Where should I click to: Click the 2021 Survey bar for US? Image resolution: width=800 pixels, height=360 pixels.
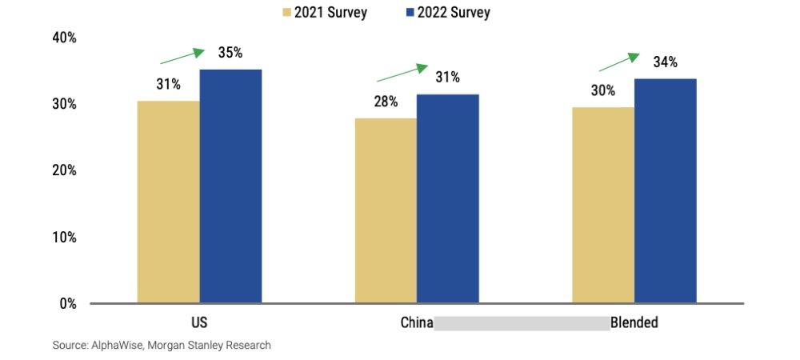coord(168,202)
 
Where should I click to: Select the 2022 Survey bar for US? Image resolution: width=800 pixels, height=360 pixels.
coord(230,186)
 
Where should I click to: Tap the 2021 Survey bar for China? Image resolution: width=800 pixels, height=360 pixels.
coord(386,210)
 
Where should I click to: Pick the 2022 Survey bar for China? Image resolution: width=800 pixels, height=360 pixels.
coord(448,198)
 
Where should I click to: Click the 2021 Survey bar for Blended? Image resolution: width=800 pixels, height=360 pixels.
coord(603,205)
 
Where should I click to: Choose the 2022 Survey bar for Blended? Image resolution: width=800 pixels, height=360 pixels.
coord(665,190)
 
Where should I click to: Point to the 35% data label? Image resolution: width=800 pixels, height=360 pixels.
coord(230,54)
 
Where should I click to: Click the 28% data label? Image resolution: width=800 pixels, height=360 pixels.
coord(386,102)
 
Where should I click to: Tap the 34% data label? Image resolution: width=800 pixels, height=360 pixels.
coord(665,62)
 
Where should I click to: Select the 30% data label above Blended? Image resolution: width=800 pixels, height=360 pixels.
coord(603,90)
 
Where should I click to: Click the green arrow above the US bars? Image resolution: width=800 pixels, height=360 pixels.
coord(182,56)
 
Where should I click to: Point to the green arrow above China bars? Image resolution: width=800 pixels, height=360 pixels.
coord(402,73)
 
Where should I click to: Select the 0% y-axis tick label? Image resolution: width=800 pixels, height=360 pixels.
coord(68,304)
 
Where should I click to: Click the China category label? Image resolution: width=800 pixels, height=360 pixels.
coord(417,324)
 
